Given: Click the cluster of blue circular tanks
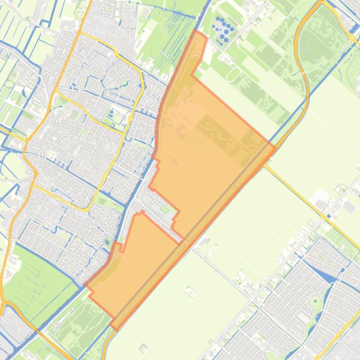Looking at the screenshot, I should point(223,29).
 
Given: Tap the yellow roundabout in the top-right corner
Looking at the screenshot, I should point(351,38).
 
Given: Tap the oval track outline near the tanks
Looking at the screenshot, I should point(233,74).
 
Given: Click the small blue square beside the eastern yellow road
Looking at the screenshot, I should point(329,216).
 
